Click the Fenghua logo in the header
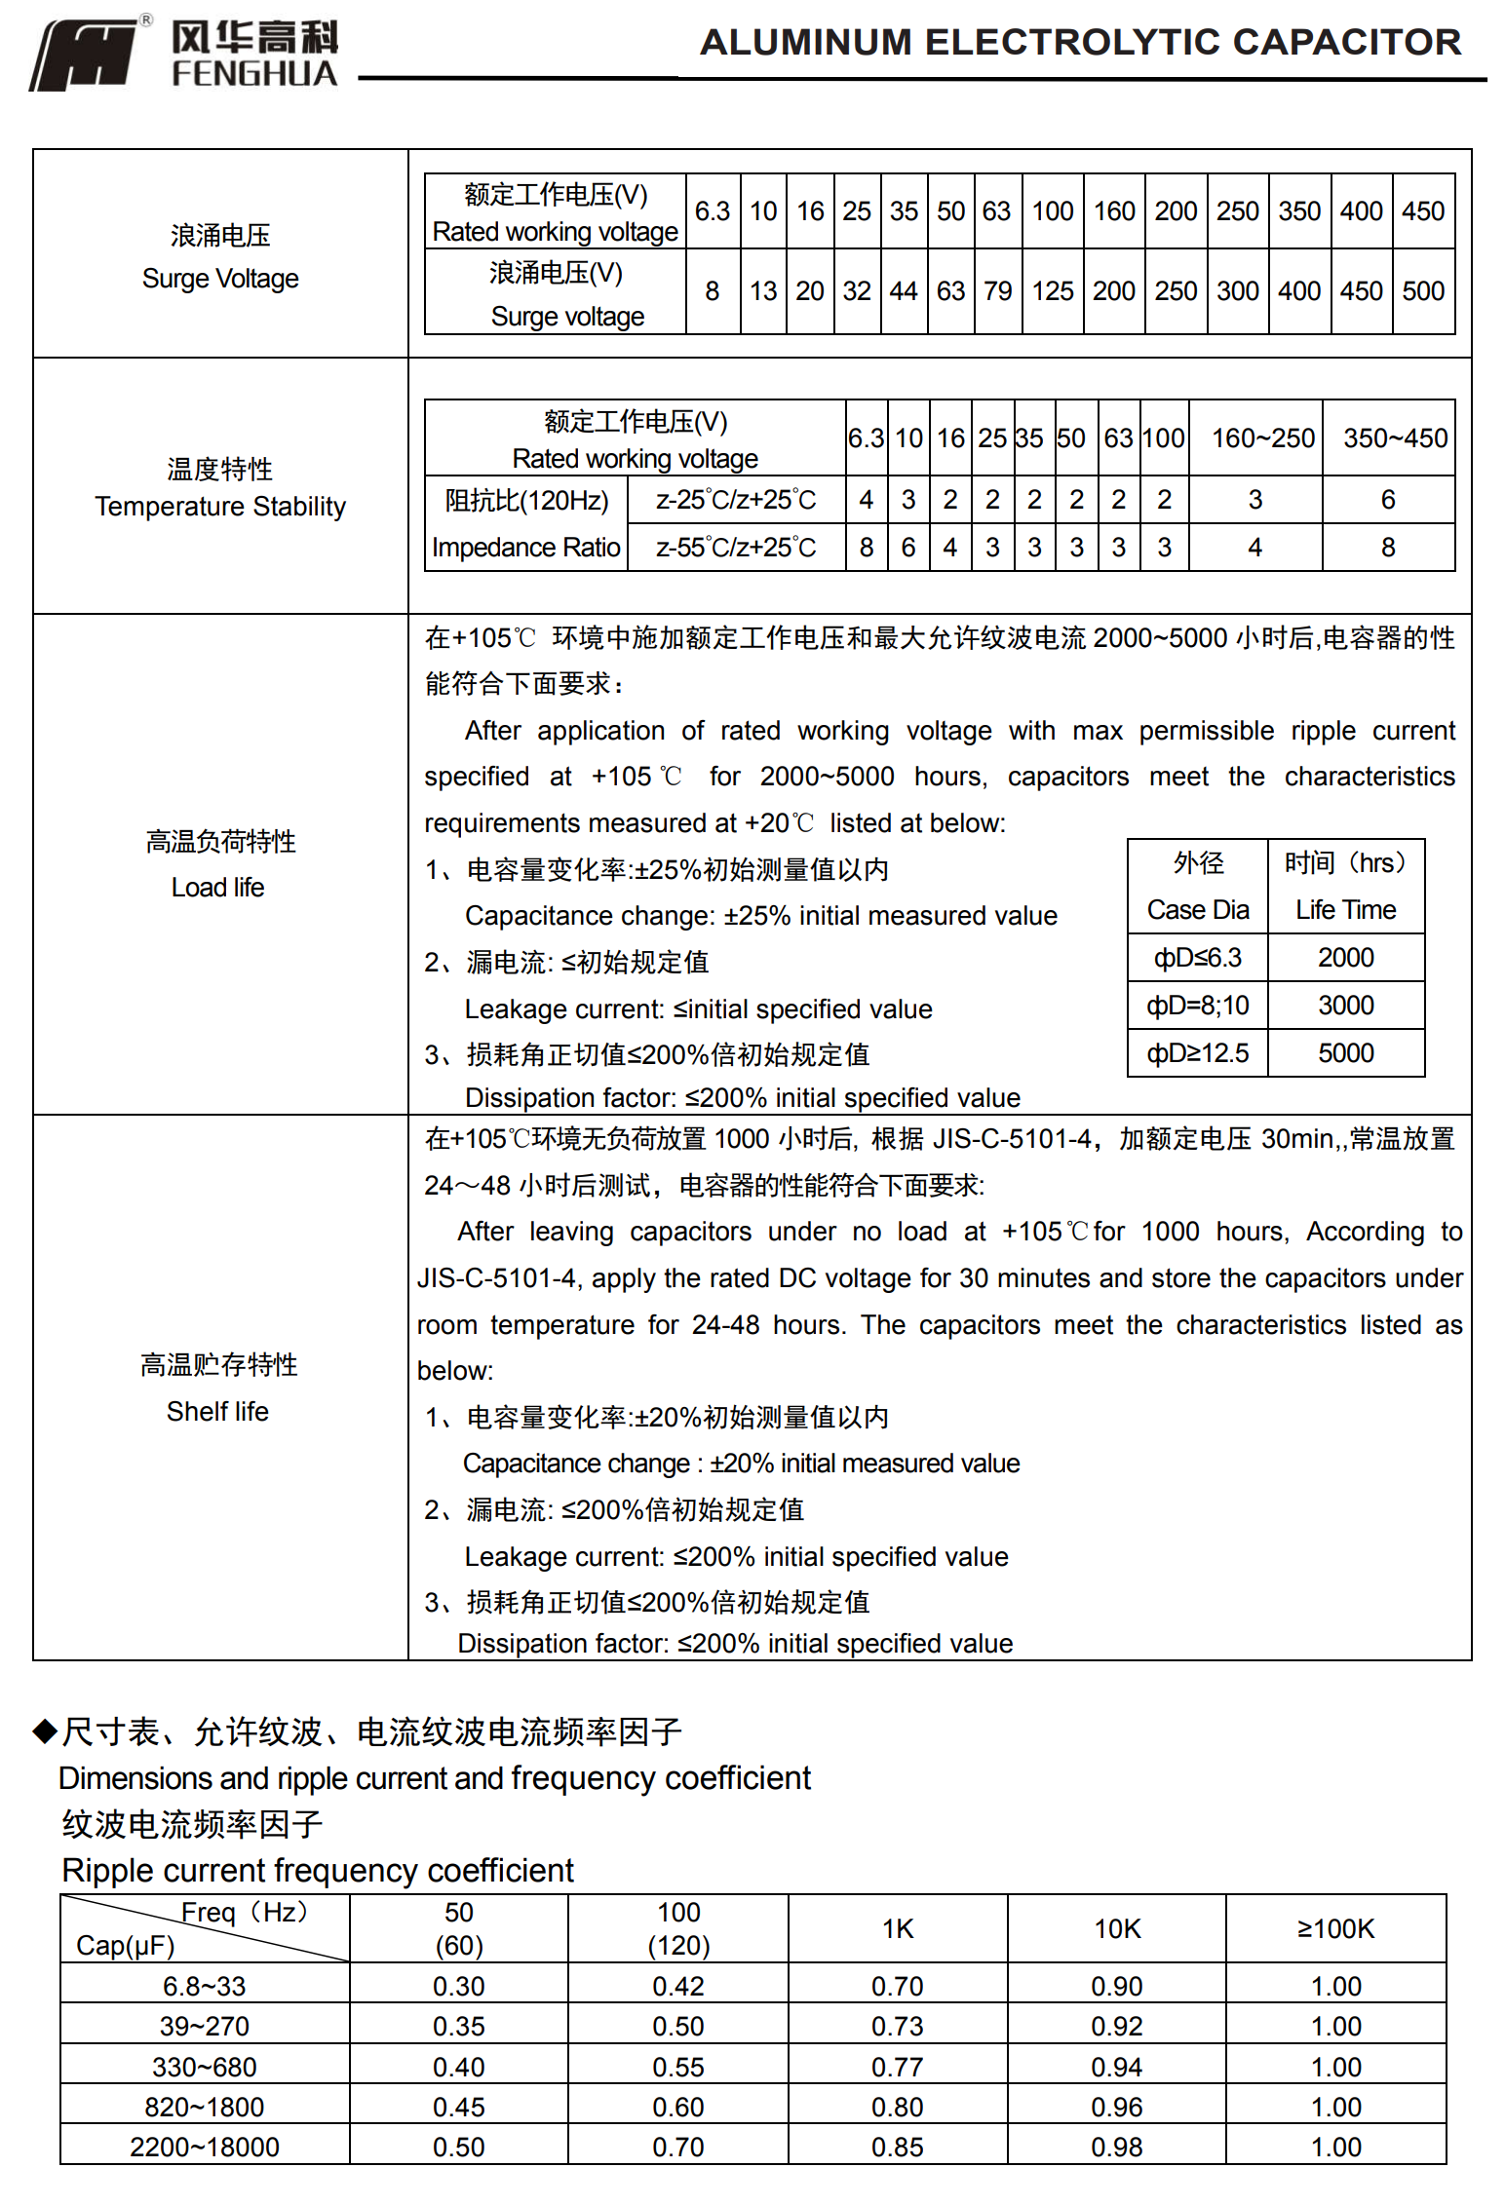coord(183,54)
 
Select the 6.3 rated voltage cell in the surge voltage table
coord(713,211)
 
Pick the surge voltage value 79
coord(997,291)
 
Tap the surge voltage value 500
coord(1423,291)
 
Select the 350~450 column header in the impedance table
coord(1395,438)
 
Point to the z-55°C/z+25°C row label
coord(736,548)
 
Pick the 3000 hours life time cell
coord(1345,1006)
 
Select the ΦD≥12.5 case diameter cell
coord(1198,1053)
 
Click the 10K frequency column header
coord(1117,1929)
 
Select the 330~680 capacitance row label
coord(205,2067)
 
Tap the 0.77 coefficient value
coord(898,2067)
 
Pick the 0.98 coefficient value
coord(1117,2147)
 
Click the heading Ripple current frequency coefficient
coord(318,1871)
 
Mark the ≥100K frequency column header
coord(1335,1929)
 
